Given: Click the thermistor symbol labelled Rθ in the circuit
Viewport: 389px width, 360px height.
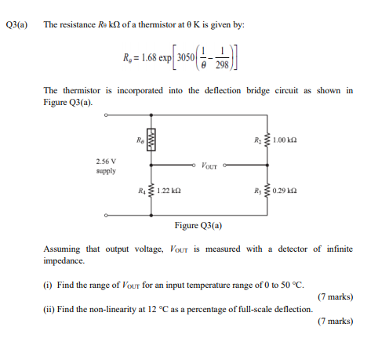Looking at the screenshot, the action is pyautogui.click(x=152, y=141).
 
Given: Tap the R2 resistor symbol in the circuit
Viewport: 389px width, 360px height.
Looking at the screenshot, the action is pyautogui.click(x=269, y=141).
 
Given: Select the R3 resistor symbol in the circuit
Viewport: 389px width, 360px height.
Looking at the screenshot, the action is pyautogui.click(x=269, y=191).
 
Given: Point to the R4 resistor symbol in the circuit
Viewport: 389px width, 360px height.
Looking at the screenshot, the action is pyautogui.click(x=152, y=191).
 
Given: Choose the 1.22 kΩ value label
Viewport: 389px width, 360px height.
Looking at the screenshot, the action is pyautogui.click(x=170, y=191).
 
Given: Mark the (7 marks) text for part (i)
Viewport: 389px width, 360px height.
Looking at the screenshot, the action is pyautogui.click(x=335, y=297).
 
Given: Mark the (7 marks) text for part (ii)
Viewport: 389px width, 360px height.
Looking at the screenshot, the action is pyautogui.click(x=335, y=322).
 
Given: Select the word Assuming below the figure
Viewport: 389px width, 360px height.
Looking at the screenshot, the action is pyautogui.click(x=61, y=249).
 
